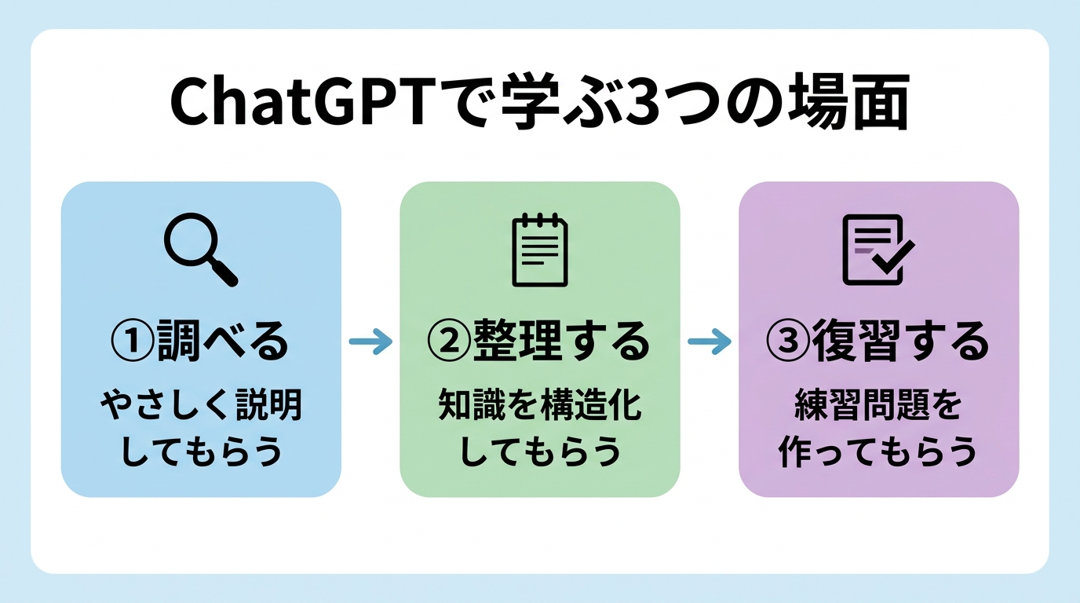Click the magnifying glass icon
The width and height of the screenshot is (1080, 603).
pyautogui.click(x=200, y=250)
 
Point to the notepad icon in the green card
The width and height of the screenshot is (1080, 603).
pyautogui.click(x=539, y=250)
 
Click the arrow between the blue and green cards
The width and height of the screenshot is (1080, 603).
pyautogui.click(x=370, y=342)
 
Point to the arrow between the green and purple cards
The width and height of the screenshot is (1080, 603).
pyautogui.click(x=710, y=342)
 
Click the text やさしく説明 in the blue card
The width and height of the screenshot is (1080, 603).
pyautogui.click(x=201, y=407)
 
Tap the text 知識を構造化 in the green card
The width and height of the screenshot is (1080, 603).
pyautogui.click(x=540, y=407)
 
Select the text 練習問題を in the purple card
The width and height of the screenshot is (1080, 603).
pyautogui.click(x=878, y=407)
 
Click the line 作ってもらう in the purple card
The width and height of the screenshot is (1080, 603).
pyautogui.click(x=878, y=453)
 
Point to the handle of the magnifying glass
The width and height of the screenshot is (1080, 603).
pyautogui.click(x=226, y=275)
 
